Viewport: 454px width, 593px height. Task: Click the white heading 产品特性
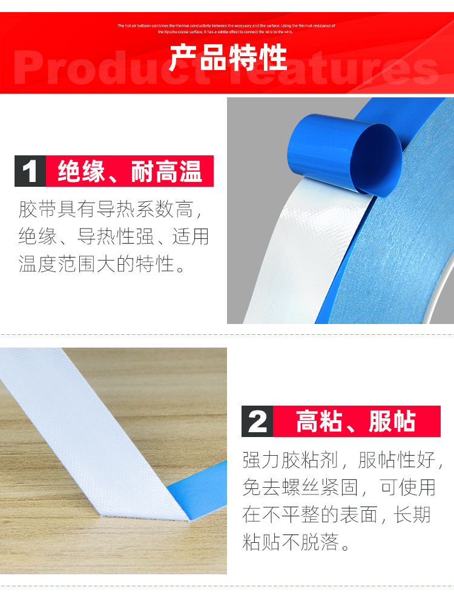coord(227,58)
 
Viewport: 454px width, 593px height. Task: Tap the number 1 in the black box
coord(30,171)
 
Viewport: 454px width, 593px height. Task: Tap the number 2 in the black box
coord(257,421)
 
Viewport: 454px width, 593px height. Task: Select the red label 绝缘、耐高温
coord(130,171)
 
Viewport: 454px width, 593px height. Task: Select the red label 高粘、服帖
coord(356,421)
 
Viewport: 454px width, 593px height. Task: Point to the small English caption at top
coord(227,28)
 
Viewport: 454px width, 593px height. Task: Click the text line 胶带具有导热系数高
coord(109,210)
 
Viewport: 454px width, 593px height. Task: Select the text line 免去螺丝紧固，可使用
coord(338,487)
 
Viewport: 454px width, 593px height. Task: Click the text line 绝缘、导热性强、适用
coord(114,237)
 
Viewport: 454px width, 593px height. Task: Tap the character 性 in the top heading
coord(272,58)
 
